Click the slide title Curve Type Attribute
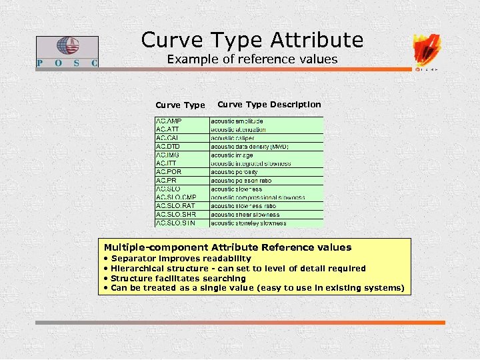coord(252,40)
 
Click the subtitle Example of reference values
coord(252,59)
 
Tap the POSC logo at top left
coord(67,51)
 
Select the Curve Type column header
coord(180,105)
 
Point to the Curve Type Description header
coord(269,104)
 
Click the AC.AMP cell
coord(169,121)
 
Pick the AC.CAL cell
coord(167,138)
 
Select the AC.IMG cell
coord(167,155)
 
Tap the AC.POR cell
coord(169,172)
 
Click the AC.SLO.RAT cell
coord(175,206)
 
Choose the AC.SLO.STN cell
coord(175,223)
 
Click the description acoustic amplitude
coord(237,121)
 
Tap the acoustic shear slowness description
coord(245,215)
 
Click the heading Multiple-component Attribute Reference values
coord(227,247)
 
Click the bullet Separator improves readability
coord(181,259)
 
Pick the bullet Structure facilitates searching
coord(178,279)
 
